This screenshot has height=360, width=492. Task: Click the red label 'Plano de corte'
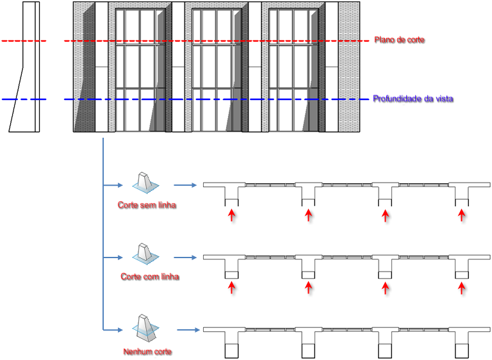click(x=399, y=40)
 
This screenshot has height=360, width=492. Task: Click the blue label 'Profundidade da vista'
click(x=413, y=99)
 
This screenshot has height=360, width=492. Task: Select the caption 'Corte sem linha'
click(x=147, y=205)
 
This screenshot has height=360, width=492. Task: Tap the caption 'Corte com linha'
click(x=150, y=277)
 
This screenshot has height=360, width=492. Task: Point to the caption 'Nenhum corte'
click(x=147, y=352)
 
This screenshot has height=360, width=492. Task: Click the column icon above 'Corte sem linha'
click(x=145, y=183)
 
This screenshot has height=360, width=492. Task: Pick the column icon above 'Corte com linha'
click(x=145, y=254)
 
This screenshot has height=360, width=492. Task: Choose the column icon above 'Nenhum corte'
click(x=145, y=329)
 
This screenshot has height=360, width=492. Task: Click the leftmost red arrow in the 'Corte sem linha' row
click(x=231, y=216)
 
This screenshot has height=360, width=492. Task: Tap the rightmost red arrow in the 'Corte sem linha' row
click(x=461, y=216)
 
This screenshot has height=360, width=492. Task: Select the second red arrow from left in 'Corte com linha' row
click(x=308, y=288)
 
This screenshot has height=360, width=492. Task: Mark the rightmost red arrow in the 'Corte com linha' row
click(x=461, y=288)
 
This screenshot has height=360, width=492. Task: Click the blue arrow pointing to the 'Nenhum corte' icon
click(x=113, y=330)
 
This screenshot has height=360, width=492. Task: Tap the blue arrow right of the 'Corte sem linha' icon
click(x=185, y=185)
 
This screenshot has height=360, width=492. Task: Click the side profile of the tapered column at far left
click(x=24, y=67)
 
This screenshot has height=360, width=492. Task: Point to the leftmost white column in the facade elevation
click(x=101, y=67)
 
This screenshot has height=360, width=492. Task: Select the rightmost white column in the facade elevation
click(x=332, y=67)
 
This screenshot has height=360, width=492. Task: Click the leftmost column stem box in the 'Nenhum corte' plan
click(x=231, y=351)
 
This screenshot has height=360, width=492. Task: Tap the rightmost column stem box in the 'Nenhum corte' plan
click(x=462, y=351)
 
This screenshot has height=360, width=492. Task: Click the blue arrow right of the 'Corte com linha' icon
click(x=185, y=258)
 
